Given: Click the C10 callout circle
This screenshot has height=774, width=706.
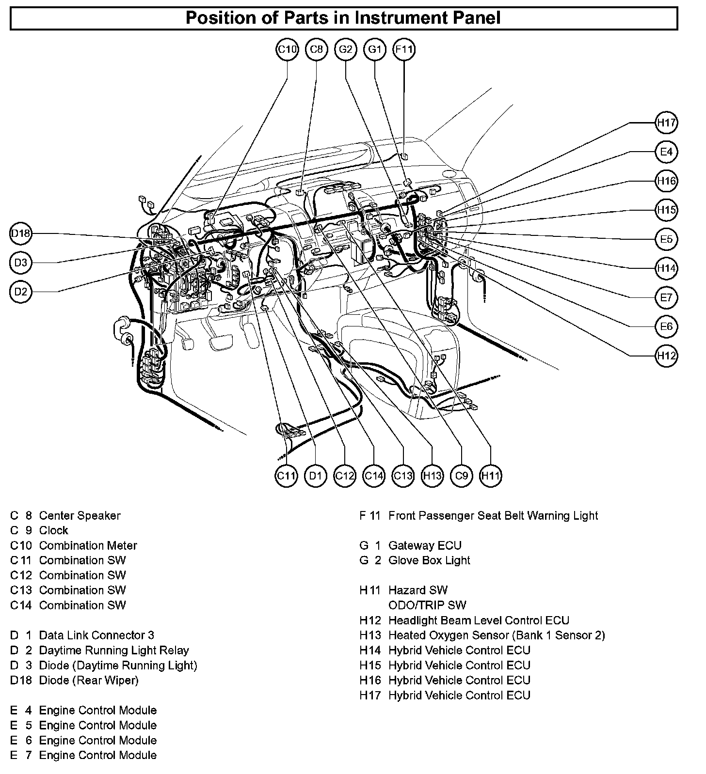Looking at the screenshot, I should point(287,49).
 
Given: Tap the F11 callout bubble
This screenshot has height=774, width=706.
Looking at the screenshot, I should point(404,49).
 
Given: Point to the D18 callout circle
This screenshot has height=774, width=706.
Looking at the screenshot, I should point(21,234).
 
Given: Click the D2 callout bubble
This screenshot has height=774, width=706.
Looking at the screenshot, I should point(21,292).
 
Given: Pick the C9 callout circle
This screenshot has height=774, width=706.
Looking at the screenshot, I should point(461,476).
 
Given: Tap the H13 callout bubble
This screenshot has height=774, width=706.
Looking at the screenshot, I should point(432,476).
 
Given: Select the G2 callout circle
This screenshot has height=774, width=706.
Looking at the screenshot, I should point(346,49).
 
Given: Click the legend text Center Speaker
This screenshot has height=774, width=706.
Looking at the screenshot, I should point(80,515).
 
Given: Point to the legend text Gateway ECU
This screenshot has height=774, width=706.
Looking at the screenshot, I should point(425,545).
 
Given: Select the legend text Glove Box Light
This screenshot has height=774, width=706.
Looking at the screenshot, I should point(429,560).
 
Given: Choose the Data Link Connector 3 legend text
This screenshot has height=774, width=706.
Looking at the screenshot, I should point(96,635).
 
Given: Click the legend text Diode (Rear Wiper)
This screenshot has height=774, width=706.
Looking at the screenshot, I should point(89,680).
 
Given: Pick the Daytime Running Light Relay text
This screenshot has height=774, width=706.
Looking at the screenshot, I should point(114,650).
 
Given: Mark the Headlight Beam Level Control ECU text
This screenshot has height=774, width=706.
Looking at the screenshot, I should point(479,620).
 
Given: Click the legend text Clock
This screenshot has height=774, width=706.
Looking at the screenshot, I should point(53,530).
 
